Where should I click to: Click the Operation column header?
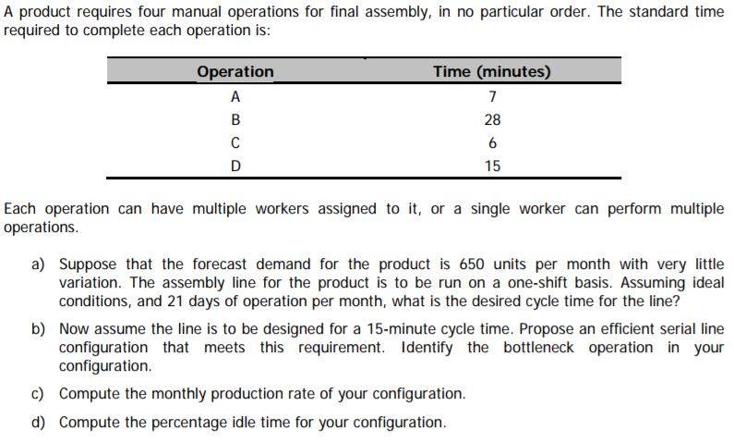pyautogui.click(x=235, y=72)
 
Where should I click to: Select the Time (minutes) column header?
pyautogui.click(x=492, y=72)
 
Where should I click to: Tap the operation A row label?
pyautogui.click(x=235, y=96)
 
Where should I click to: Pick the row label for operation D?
pyautogui.click(x=235, y=166)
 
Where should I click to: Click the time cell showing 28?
pyautogui.click(x=492, y=120)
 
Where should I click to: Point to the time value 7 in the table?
pyautogui.click(x=492, y=96)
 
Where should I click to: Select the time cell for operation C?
pyautogui.click(x=492, y=143)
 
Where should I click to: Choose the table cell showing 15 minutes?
pyautogui.click(x=492, y=166)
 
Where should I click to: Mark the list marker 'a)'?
pyautogui.click(x=39, y=264)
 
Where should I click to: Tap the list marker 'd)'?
pyautogui.click(x=39, y=423)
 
